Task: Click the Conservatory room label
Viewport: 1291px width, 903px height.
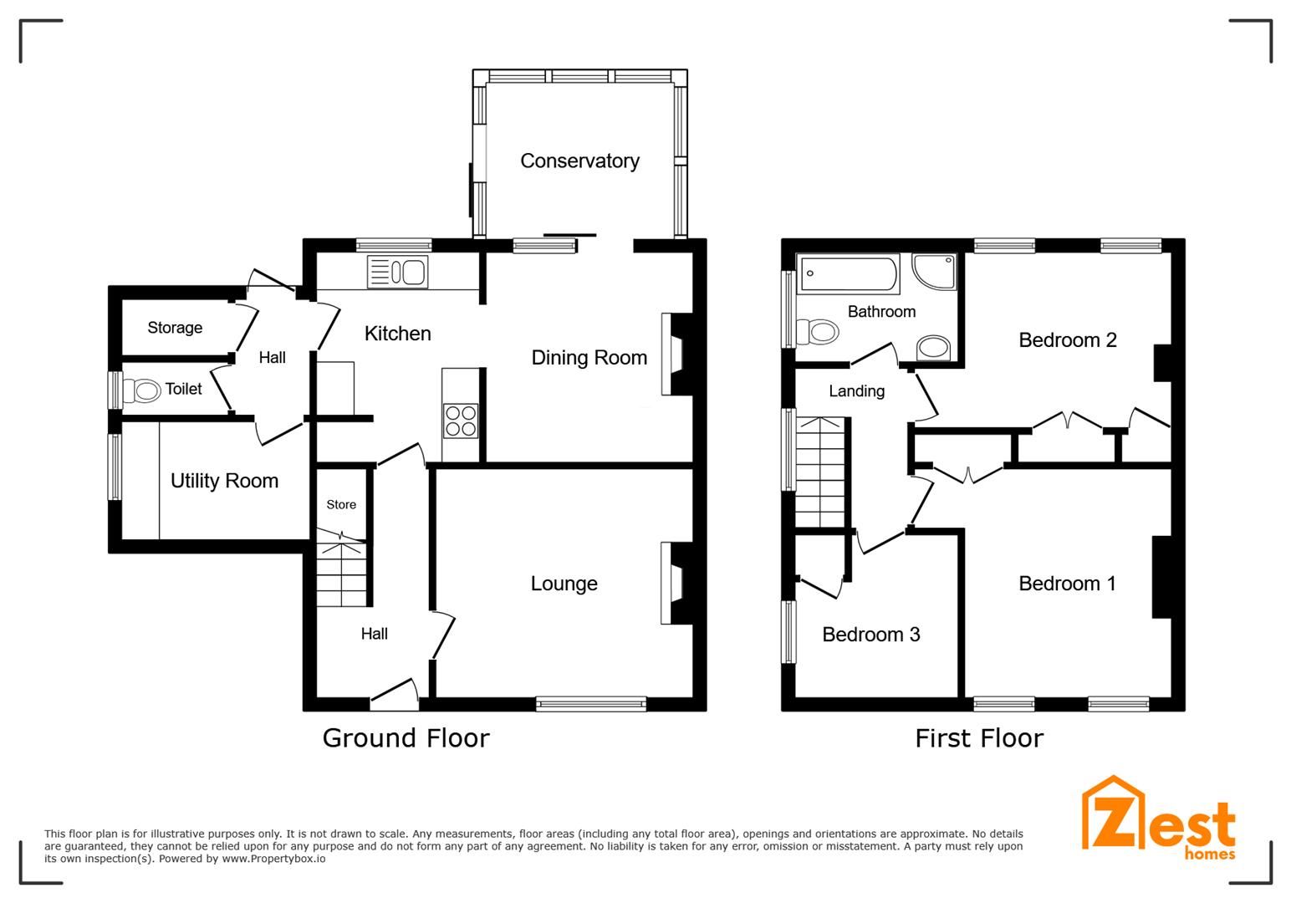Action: [x=579, y=161]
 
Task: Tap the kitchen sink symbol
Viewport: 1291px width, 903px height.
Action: [x=397, y=273]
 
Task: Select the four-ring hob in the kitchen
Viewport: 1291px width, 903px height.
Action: [x=460, y=421]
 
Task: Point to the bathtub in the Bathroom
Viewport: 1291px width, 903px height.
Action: [x=848, y=273]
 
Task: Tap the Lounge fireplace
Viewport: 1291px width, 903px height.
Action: [x=674, y=584]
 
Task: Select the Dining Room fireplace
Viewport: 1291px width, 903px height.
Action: [x=674, y=354]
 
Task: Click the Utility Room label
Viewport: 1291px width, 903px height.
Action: [x=224, y=481]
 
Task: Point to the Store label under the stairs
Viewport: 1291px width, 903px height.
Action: [x=341, y=504]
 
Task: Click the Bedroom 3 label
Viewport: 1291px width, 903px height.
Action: [x=870, y=635]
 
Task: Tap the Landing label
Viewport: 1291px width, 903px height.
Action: [x=856, y=390]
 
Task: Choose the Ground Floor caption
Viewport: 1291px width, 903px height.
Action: [x=406, y=737]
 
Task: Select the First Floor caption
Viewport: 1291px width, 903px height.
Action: [x=979, y=737]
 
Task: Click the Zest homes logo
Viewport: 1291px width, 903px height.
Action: [x=1159, y=819]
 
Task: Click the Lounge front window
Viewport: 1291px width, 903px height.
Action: [x=591, y=704]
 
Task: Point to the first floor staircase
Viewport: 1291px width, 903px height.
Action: [x=819, y=472]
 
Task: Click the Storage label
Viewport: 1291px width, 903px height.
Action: [x=175, y=328]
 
